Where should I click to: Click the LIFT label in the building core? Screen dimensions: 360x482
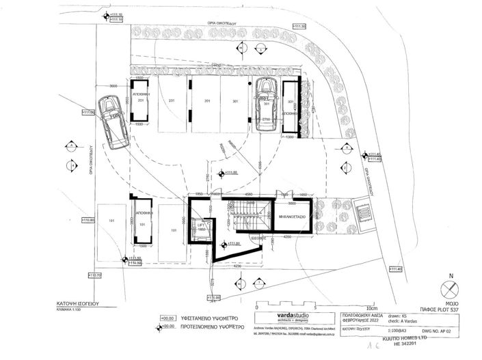[x=202, y=223]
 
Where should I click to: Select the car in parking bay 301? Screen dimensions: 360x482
[x=265, y=103]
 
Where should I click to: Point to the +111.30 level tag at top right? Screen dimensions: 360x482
[x=298, y=26]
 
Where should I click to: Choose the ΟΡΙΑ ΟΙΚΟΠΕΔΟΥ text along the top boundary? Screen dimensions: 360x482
[x=222, y=22]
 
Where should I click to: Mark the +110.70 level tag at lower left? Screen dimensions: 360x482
[x=94, y=275]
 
